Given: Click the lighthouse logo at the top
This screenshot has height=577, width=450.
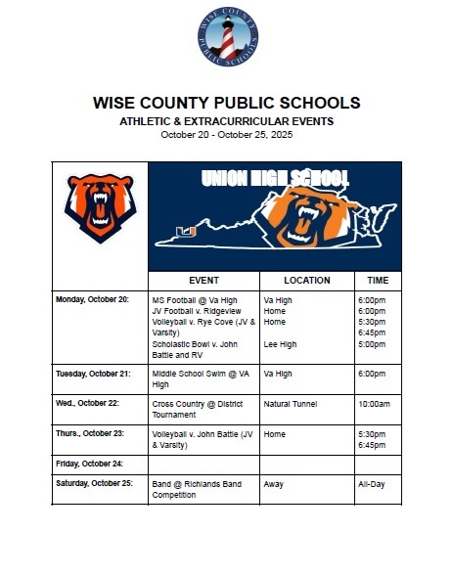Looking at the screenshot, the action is (227, 41).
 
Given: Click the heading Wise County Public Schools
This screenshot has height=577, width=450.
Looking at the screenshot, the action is (226, 103).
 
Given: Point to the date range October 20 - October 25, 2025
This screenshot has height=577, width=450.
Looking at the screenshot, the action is (226, 135).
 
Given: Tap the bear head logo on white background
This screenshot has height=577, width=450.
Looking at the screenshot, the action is (99, 206).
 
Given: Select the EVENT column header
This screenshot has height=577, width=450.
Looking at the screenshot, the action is (203, 280).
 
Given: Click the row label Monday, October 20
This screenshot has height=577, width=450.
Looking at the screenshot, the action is (92, 298).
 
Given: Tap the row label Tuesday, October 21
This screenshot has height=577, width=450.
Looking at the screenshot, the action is (92, 373).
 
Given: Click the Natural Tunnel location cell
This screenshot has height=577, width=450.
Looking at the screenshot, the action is (292, 403).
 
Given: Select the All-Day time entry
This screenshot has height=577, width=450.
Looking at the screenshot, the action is (372, 483).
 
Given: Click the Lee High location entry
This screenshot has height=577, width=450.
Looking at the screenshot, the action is (280, 344).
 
